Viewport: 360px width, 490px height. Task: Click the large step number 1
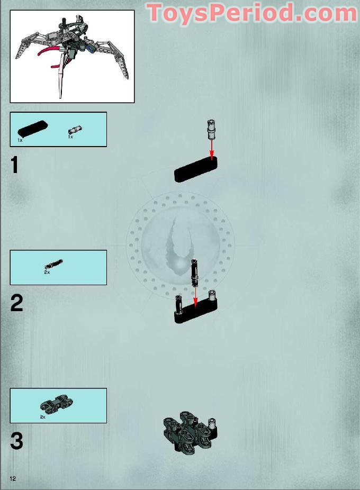point(14,165)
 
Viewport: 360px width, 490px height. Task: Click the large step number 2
point(16,303)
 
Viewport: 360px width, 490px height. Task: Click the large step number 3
point(16,441)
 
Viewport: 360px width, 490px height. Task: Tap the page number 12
point(13,478)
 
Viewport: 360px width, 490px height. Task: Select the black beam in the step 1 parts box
point(33,128)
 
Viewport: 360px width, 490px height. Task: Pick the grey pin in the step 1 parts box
point(75,129)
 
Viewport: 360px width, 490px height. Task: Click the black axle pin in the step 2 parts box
point(54,264)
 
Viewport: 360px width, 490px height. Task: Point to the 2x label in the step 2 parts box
point(47,272)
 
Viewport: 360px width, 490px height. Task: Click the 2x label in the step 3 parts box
point(43,417)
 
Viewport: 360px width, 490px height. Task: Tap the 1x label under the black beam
point(20,140)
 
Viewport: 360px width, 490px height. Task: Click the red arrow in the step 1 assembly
point(212,150)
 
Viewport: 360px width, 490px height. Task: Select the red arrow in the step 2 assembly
point(195,297)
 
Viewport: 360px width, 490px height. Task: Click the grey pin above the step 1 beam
point(212,129)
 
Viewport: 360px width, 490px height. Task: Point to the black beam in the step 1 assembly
point(196,169)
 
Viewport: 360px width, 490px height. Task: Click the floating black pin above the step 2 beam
point(194,273)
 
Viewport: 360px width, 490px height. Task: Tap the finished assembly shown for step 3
point(190,432)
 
